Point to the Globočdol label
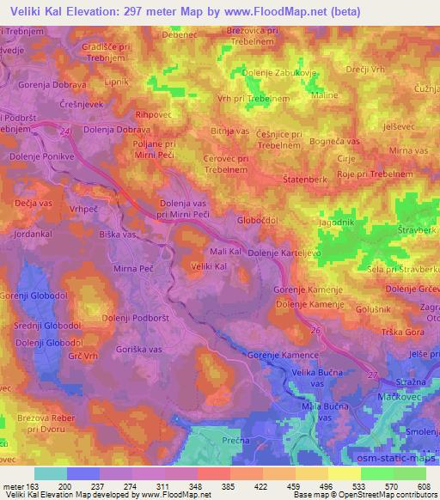point(260,219)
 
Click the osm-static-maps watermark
point(401,465)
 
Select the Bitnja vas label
point(229,131)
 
